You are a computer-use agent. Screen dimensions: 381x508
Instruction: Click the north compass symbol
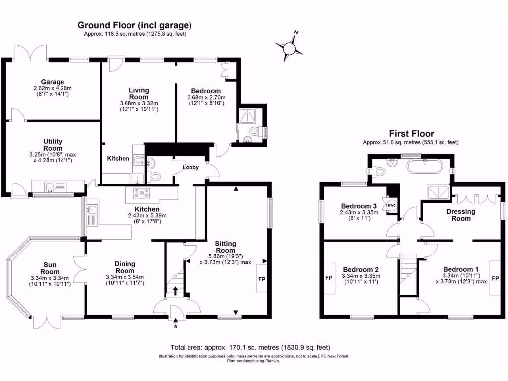coord(289,47)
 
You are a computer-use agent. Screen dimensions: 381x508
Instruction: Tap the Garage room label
coord(53,82)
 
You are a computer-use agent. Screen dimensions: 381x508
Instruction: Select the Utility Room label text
coord(53,145)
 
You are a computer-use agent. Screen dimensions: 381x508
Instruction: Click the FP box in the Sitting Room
coord(261,279)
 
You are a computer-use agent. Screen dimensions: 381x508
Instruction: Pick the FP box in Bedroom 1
coord(495,279)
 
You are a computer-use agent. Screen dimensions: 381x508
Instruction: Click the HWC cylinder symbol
coord(391,206)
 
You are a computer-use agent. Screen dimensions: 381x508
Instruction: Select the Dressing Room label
coord(461,215)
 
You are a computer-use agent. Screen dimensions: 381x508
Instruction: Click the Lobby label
coord(190,167)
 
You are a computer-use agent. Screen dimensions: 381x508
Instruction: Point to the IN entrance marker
coord(175,326)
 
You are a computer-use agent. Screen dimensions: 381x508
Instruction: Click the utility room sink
coord(50,187)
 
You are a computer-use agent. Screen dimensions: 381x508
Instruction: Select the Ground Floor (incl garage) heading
coord(134,25)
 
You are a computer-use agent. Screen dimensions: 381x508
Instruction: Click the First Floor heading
coord(411,133)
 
